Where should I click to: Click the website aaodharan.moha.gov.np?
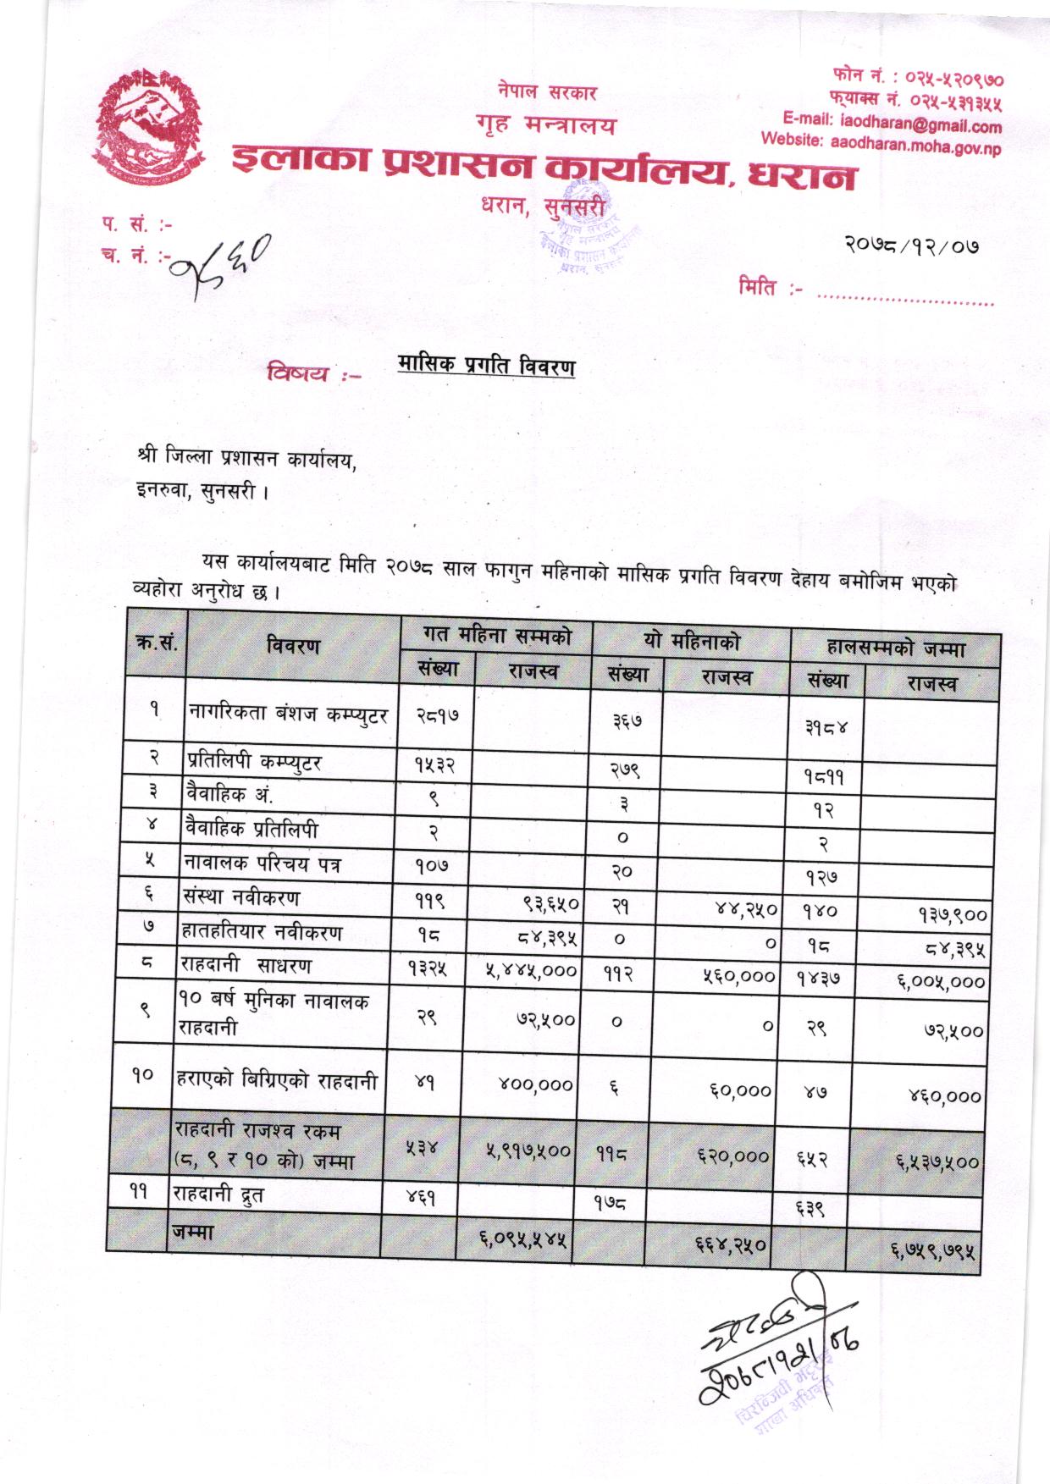click(881, 144)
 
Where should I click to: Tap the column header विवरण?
click(293, 646)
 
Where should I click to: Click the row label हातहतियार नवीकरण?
click(262, 933)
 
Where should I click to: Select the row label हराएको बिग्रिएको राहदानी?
click(275, 1079)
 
